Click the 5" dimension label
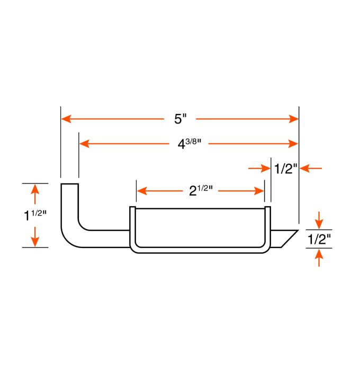click(x=181, y=119)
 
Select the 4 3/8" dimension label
click(x=190, y=144)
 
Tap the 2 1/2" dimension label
click(x=201, y=190)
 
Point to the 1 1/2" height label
click(x=35, y=215)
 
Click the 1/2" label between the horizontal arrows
click(x=285, y=169)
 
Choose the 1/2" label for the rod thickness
click(x=319, y=239)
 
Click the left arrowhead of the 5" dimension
click(x=66, y=119)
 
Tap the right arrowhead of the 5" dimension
click(x=294, y=119)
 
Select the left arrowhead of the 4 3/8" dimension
click(x=84, y=144)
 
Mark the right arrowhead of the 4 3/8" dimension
click(x=293, y=144)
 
